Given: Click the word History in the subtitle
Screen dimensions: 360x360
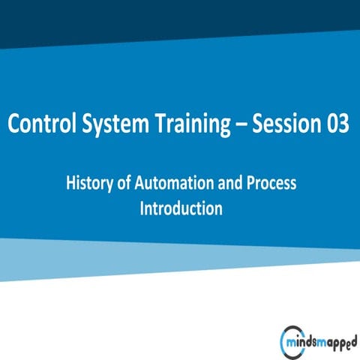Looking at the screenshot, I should (88, 182).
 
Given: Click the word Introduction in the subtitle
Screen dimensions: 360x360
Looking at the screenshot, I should (181, 208).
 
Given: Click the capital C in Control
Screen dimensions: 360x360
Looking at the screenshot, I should (14, 124).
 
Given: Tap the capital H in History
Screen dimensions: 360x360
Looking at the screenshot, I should (71, 182).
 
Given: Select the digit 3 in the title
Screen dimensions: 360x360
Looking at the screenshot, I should (343, 124).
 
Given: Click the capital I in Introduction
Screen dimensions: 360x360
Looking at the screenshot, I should (142, 208).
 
